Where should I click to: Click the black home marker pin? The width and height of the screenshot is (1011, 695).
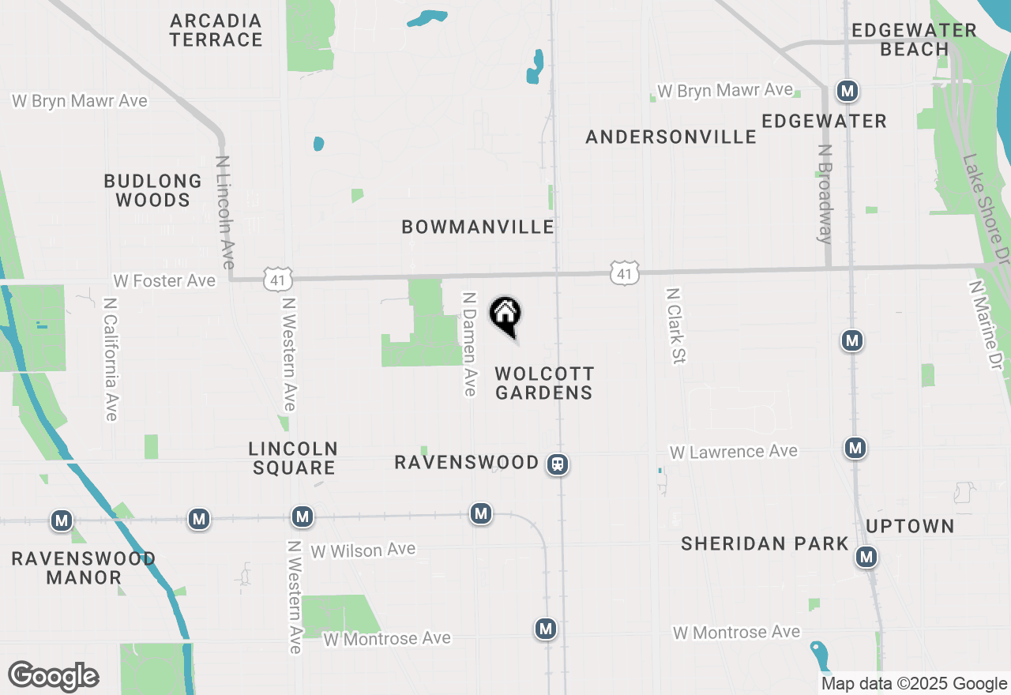coord(505,315)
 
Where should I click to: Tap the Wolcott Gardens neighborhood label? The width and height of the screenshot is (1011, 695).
coord(543,383)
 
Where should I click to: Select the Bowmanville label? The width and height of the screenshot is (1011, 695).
coord(478,227)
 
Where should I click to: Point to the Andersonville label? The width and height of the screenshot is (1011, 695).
coord(671,137)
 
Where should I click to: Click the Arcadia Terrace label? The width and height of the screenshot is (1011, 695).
coord(216,30)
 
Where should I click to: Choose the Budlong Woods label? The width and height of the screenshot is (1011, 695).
coord(152,190)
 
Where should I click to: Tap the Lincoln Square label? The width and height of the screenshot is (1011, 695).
coord(293,458)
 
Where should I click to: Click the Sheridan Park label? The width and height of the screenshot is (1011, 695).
coord(765,543)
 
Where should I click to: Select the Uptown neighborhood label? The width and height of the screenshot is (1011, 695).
coord(910,526)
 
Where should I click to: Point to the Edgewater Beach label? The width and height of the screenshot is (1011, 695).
coord(914,39)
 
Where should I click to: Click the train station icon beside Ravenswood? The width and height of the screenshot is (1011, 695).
coord(558,464)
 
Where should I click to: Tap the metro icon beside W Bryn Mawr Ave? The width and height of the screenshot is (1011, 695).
coord(848,91)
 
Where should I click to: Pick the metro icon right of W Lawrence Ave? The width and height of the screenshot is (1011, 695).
coord(855,449)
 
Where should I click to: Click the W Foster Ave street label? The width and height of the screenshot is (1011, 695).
coord(164,281)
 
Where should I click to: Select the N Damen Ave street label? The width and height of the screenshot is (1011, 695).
coord(469,344)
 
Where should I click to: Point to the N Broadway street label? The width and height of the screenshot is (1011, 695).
coord(825,193)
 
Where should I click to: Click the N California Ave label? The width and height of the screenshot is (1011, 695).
coord(110,358)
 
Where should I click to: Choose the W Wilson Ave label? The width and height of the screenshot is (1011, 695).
coord(363,550)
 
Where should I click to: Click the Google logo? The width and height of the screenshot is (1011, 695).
coord(53,677)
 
